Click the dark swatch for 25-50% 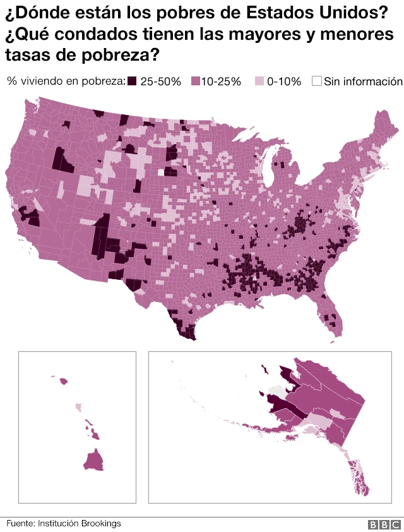coord(133,81)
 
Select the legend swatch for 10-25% coord(195,81)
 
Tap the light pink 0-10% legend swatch coord(259,81)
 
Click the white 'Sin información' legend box coord(317,81)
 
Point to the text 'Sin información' coord(362,81)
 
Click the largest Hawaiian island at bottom coord(93,460)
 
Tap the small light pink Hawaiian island coord(78,408)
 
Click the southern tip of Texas coord(189,335)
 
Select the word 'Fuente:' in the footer coord(21,523)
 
